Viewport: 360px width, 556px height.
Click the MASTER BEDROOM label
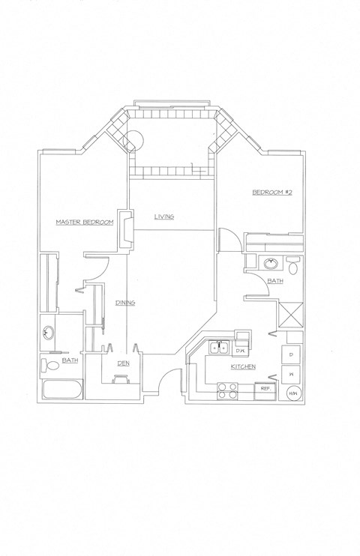pyautogui.click(x=85, y=223)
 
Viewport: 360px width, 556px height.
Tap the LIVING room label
pyautogui.click(x=164, y=217)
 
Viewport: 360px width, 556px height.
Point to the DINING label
pyautogui.click(x=124, y=303)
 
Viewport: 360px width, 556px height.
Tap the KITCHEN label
pyautogui.click(x=244, y=366)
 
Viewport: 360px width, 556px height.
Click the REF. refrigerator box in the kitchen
pyautogui.click(x=265, y=389)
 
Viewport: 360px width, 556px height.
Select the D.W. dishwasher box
pyautogui.click(x=241, y=350)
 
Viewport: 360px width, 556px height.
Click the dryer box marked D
pyautogui.click(x=291, y=353)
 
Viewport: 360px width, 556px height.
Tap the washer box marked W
pyautogui.click(x=291, y=374)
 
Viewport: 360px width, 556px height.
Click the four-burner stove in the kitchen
pyautogui.click(x=226, y=389)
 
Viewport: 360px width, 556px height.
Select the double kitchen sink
pyautogui.click(x=219, y=348)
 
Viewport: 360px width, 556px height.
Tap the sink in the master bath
pyautogui.click(x=49, y=333)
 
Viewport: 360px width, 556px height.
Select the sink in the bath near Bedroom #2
pyautogui.click(x=271, y=263)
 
